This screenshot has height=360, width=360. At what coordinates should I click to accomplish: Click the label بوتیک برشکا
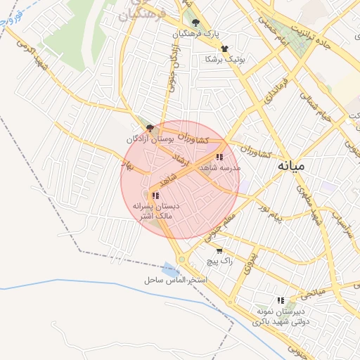(224, 60)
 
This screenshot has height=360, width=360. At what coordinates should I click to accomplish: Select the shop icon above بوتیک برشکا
(224, 49)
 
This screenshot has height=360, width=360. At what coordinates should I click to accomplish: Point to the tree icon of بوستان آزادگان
(150, 127)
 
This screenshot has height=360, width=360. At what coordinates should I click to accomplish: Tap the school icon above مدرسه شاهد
(219, 157)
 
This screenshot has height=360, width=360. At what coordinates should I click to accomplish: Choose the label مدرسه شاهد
(219, 168)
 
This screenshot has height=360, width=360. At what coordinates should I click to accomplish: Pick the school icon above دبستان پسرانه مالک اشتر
(155, 195)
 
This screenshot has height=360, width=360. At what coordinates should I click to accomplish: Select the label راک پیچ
(219, 261)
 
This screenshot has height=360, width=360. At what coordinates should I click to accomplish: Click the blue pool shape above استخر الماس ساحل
(170, 269)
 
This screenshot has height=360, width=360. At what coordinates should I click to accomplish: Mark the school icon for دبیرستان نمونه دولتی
(281, 300)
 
